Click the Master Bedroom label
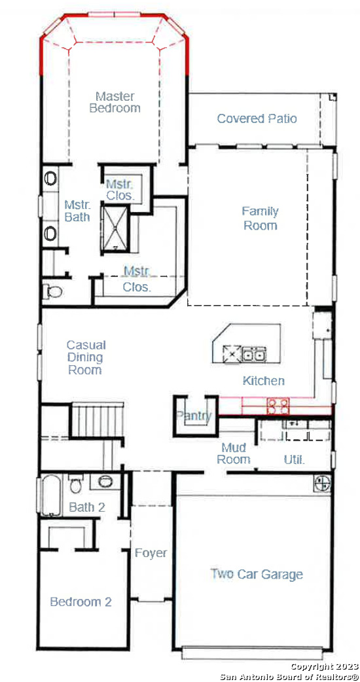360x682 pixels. click(115, 102)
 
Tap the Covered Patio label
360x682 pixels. click(257, 118)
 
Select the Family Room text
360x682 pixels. click(261, 219)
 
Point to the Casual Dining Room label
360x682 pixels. click(86, 357)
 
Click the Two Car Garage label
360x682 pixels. click(257, 574)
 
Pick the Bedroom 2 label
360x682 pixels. click(81, 602)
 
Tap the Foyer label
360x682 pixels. click(151, 553)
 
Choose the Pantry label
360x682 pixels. click(194, 416)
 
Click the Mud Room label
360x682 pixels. click(234, 453)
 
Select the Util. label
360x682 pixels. click(295, 459)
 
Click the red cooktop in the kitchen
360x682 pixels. click(278, 406)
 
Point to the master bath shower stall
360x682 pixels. click(115, 229)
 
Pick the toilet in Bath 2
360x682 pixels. click(75, 484)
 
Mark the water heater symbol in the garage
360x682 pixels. click(323, 483)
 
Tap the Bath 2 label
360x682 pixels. click(87, 507)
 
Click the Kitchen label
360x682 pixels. click(264, 381)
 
